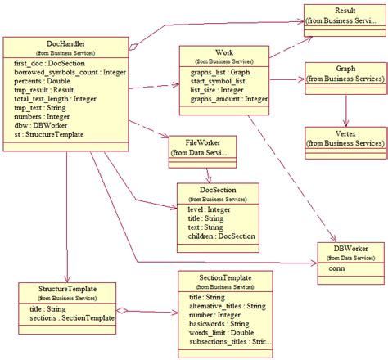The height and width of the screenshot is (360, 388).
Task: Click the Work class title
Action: (x=223, y=52)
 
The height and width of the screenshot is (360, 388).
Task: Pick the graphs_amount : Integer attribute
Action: (x=224, y=99)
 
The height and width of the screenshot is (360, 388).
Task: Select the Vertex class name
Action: (x=345, y=133)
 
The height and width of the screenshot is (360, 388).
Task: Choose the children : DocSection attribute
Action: (x=216, y=236)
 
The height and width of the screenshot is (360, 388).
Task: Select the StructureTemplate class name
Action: (x=65, y=289)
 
